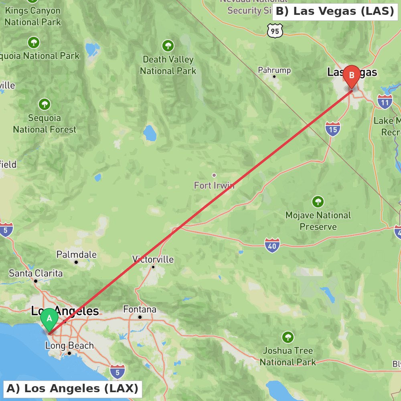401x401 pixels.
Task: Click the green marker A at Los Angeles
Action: point(49,319)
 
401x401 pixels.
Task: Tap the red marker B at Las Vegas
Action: point(352,75)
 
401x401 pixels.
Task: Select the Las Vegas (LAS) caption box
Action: point(335,11)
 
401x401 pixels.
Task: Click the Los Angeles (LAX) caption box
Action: point(73,389)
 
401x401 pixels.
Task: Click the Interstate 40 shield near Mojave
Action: point(272,245)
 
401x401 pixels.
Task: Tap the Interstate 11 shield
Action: point(385,102)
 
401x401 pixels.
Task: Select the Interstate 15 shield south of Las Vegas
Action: point(333,129)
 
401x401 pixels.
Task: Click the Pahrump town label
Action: point(274,71)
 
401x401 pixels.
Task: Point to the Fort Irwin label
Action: point(214,185)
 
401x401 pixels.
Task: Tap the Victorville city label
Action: point(153,259)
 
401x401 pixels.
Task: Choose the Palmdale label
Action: point(76,255)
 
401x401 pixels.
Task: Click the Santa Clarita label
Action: point(36,273)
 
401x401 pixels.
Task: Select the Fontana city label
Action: point(140,310)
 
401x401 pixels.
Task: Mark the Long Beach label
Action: point(69,346)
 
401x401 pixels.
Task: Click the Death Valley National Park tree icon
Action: point(168,45)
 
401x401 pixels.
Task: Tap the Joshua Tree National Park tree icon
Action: point(288,337)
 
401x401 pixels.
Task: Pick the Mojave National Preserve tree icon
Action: point(318,201)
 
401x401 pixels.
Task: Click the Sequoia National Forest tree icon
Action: point(45,104)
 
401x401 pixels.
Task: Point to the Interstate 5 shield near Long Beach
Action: point(117,371)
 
